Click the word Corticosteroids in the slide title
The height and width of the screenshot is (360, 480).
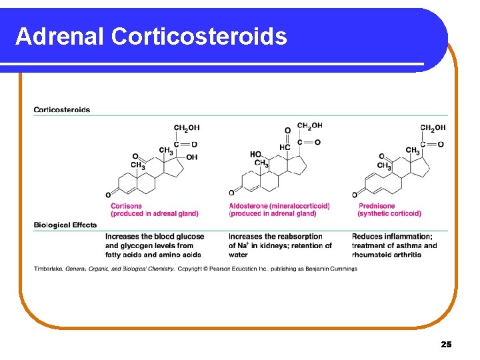click(199, 36)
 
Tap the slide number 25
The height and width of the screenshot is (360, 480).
click(446, 344)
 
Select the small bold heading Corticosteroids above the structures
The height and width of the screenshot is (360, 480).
click(62, 110)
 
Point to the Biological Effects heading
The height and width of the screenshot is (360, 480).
click(65, 225)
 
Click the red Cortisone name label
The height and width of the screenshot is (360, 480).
click(126, 206)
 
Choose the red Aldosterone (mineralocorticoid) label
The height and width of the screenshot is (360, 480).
click(279, 206)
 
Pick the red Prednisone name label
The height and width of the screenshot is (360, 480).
click(377, 206)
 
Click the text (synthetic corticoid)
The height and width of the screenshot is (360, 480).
click(389, 214)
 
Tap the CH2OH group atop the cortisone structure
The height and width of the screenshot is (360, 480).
click(187, 128)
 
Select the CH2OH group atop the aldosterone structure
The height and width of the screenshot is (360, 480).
click(309, 125)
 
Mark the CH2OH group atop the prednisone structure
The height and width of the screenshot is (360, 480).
click(433, 128)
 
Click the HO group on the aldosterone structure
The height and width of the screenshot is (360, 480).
click(256, 154)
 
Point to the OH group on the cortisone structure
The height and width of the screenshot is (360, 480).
click(192, 157)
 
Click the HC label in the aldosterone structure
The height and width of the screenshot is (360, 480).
click(285, 147)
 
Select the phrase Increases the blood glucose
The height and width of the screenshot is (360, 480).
click(155, 237)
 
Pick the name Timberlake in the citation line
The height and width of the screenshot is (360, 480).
click(48, 269)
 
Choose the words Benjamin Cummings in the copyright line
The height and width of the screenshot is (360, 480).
click(331, 269)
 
